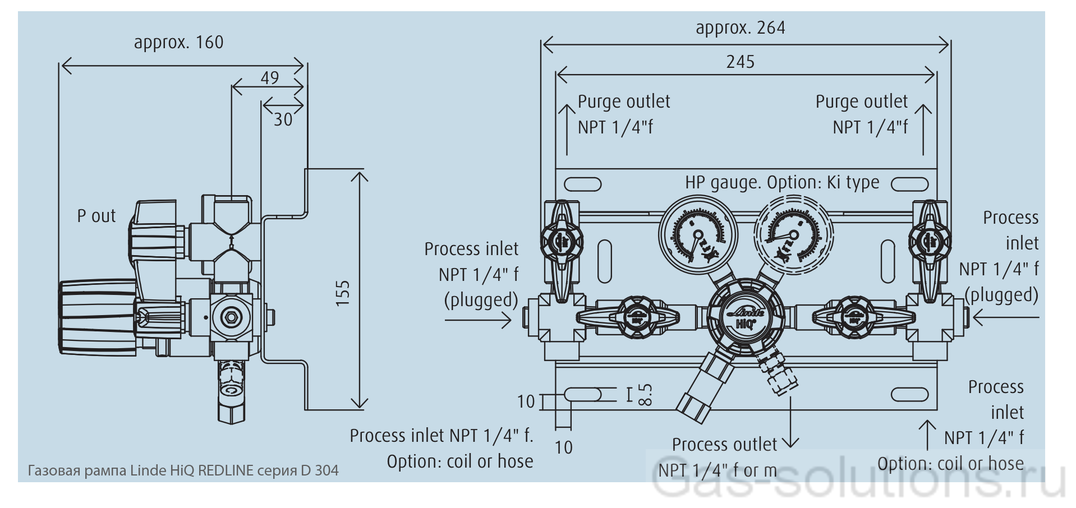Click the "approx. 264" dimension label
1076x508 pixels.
[x=740, y=28]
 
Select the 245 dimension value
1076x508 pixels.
[x=740, y=62]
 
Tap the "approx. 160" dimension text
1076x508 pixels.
[x=178, y=43]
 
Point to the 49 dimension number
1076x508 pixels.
[x=270, y=78]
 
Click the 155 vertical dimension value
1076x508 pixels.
[x=342, y=293]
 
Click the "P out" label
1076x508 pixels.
[x=96, y=216]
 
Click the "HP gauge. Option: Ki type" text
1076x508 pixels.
[x=782, y=183]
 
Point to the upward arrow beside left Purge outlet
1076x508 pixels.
[x=567, y=129]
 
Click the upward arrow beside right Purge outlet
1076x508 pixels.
[x=923, y=129]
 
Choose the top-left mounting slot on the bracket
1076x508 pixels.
[x=582, y=184]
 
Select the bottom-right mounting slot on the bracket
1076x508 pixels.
[x=909, y=394]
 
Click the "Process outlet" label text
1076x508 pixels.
[x=724, y=445]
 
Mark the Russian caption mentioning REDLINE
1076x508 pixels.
[x=183, y=470]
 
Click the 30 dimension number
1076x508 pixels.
[x=283, y=119]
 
